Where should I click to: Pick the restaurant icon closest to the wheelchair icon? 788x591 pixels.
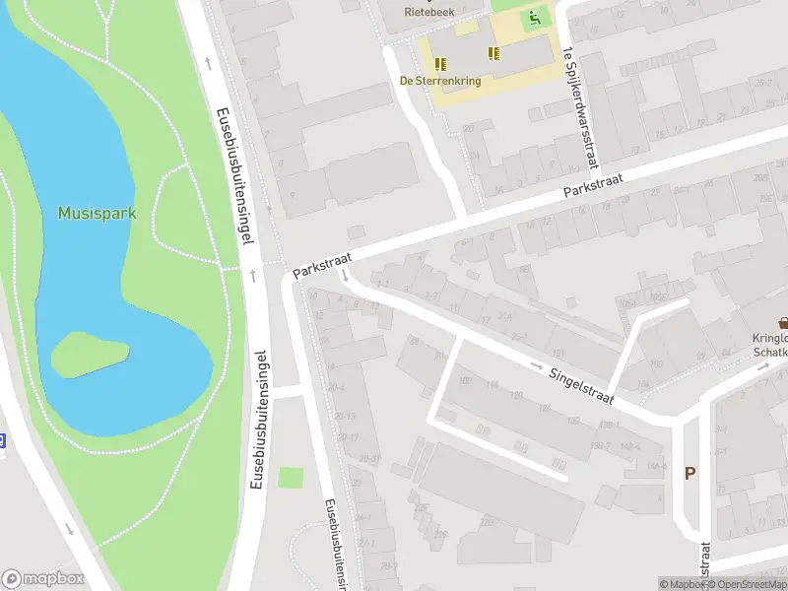[492, 54]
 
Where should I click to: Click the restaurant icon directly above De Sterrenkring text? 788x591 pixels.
[439, 63]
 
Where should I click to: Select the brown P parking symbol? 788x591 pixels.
[689, 474]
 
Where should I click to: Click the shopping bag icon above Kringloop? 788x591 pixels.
[783, 322]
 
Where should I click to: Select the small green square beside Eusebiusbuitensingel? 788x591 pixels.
[289, 478]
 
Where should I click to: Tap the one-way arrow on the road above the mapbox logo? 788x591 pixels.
[69, 529]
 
